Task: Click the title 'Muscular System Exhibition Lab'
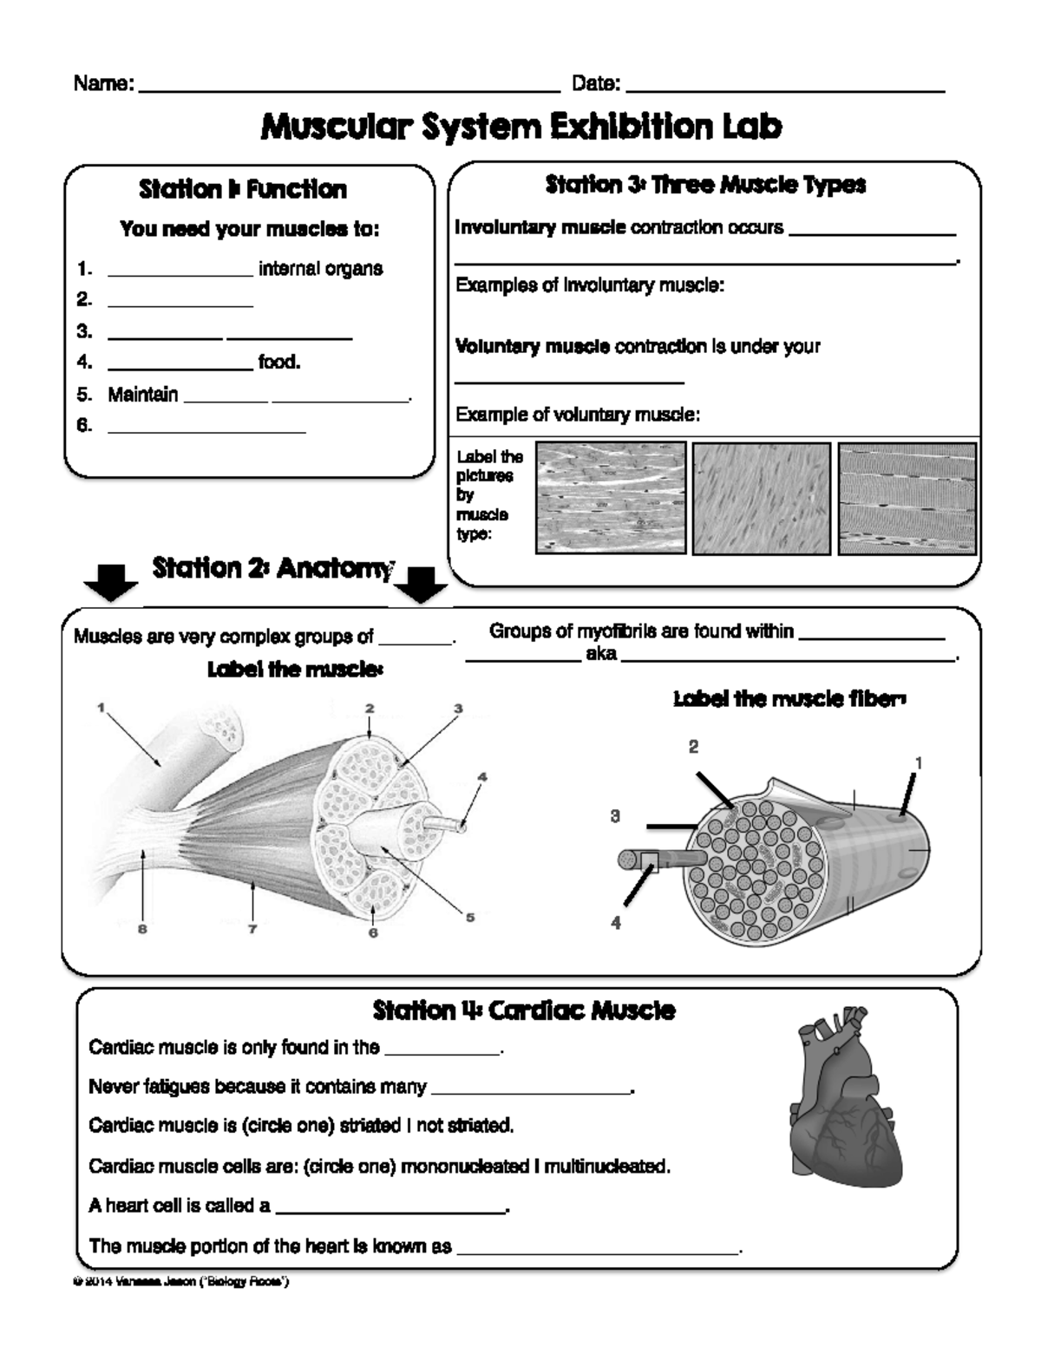520,127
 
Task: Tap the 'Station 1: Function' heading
243,189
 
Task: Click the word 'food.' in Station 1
279,362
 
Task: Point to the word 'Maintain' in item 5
142,395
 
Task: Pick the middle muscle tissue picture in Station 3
762,498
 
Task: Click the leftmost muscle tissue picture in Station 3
611,498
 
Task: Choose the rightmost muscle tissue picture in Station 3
907,498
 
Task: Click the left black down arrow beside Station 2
110,583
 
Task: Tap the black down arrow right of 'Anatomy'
420,585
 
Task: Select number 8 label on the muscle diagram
142,929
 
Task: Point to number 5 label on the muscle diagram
470,917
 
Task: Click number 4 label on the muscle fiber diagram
615,924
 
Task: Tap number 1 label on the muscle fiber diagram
918,763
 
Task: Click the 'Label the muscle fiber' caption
789,699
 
